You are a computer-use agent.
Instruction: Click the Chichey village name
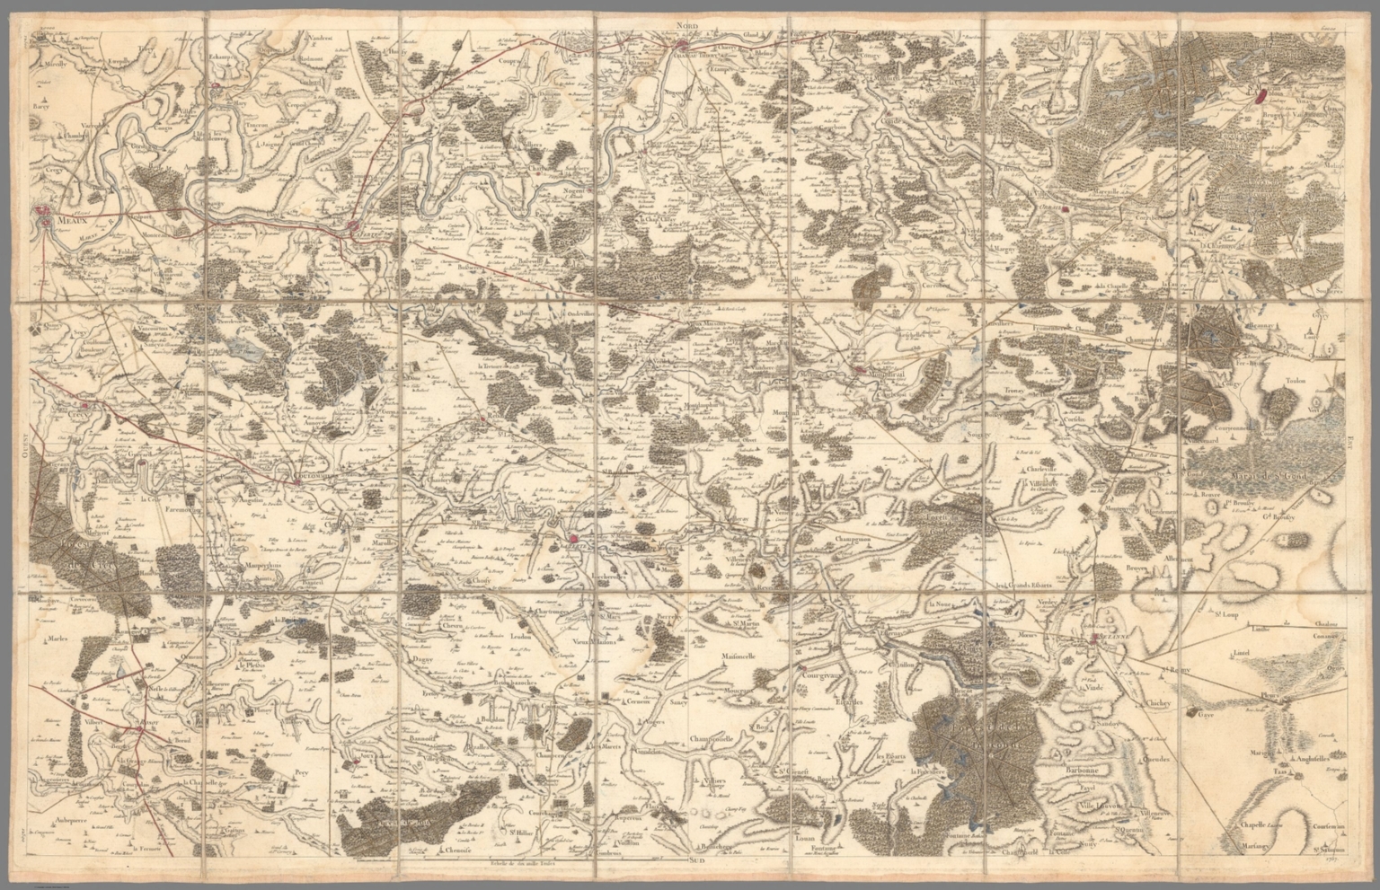pos(1159,704)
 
